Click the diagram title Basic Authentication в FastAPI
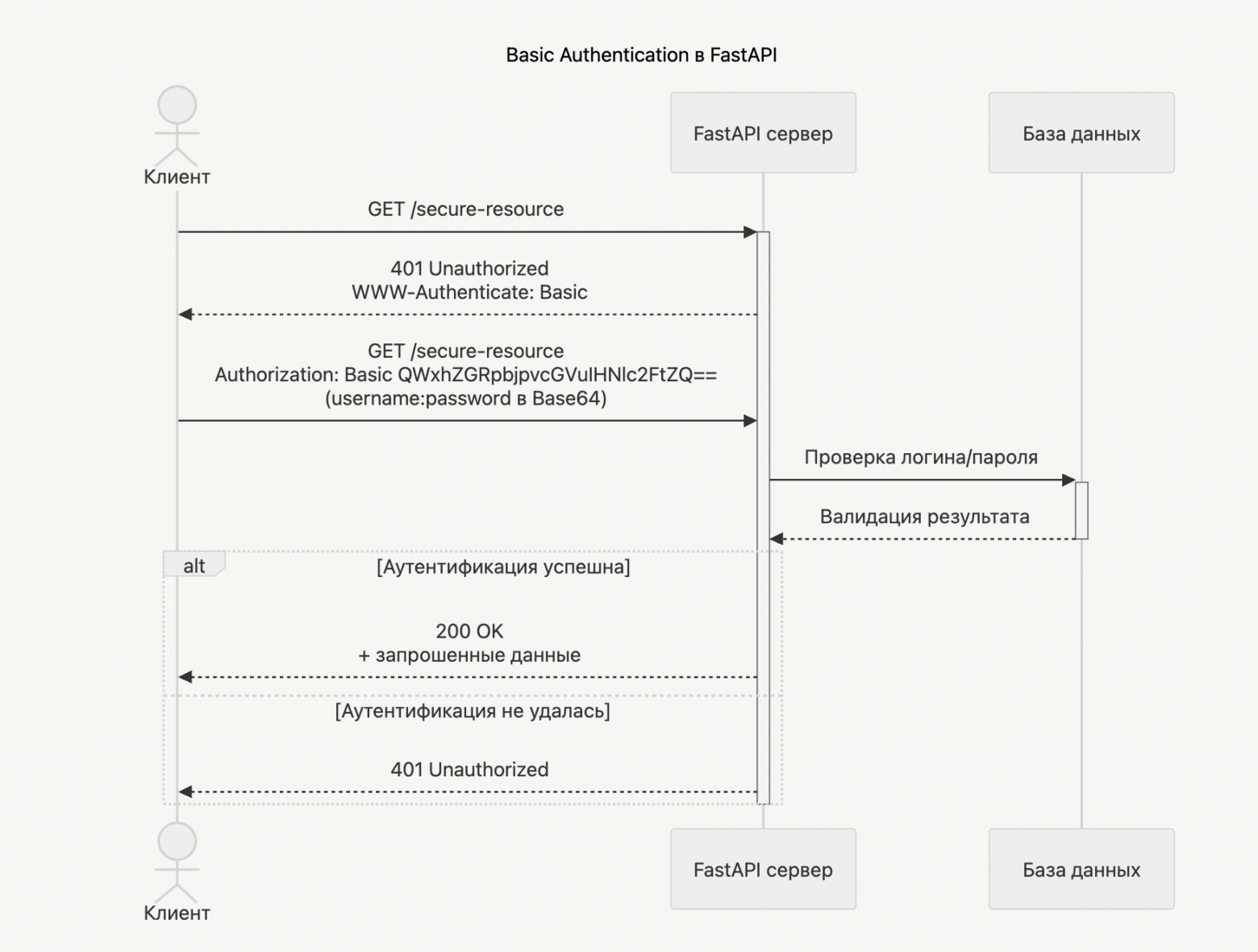(641, 55)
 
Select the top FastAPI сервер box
(763, 133)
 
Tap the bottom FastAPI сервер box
(763, 869)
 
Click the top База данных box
(1081, 133)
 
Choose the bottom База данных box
(1081, 869)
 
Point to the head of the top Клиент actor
(177, 106)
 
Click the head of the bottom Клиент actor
(177, 842)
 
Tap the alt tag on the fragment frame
(194, 566)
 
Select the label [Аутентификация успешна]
(503, 567)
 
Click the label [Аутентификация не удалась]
(473, 711)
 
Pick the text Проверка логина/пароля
(921, 457)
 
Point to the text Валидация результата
(924, 517)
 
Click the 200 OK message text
(469, 631)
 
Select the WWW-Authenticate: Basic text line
(469, 292)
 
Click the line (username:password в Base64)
(466, 398)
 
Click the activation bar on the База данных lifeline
(1081, 510)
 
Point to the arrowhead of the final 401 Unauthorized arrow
(185, 792)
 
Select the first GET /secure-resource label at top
(466, 209)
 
